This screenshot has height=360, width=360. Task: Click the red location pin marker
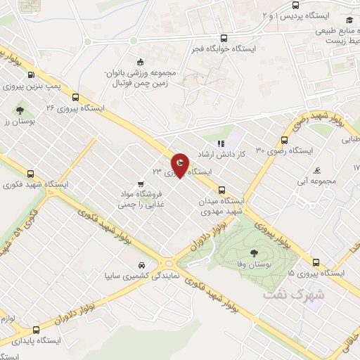[x=179, y=165]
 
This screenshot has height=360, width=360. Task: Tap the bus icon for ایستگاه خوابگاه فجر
[x=224, y=39]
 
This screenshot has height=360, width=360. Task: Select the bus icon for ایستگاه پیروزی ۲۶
[x=74, y=98]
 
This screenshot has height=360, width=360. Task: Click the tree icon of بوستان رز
[x=20, y=110]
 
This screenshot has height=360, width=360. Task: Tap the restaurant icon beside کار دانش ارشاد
[x=221, y=143]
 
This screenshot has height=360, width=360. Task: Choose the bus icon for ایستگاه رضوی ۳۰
[x=284, y=139]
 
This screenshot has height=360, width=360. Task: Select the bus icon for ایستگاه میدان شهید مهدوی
[x=222, y=189]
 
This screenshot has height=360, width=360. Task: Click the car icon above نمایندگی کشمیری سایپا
[x=142, y=265]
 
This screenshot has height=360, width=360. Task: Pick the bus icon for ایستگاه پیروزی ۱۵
[x=316, y=263]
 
